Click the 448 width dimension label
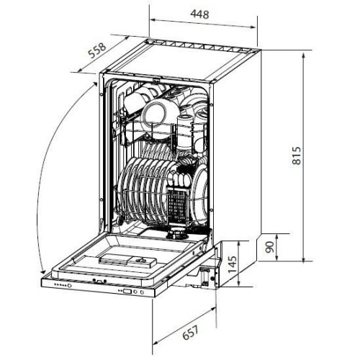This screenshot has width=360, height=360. (x=199, y=14)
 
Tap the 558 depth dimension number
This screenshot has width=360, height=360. (x=97, y=51)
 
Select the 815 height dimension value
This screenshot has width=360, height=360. (x=297, y=156)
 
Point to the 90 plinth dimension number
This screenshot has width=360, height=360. (x=269, y=247)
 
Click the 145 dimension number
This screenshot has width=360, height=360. (x=232, y=264)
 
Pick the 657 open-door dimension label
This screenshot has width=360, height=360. (x=191, y=333)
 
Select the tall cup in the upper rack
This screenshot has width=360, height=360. (x=185, y=131)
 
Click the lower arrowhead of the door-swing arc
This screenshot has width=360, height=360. (x=42, y=271)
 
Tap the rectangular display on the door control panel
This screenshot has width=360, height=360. (x=127, y=292)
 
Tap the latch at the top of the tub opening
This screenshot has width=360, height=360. (x=156, y=80)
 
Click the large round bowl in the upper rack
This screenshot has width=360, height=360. (x=154, y=114)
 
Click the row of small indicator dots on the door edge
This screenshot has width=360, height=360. (x=60, y=285)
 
